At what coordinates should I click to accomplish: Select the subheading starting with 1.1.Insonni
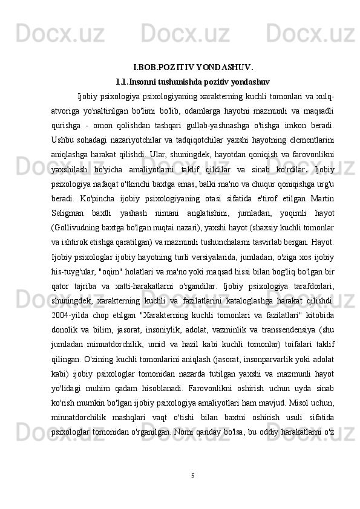tap(192, 81)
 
